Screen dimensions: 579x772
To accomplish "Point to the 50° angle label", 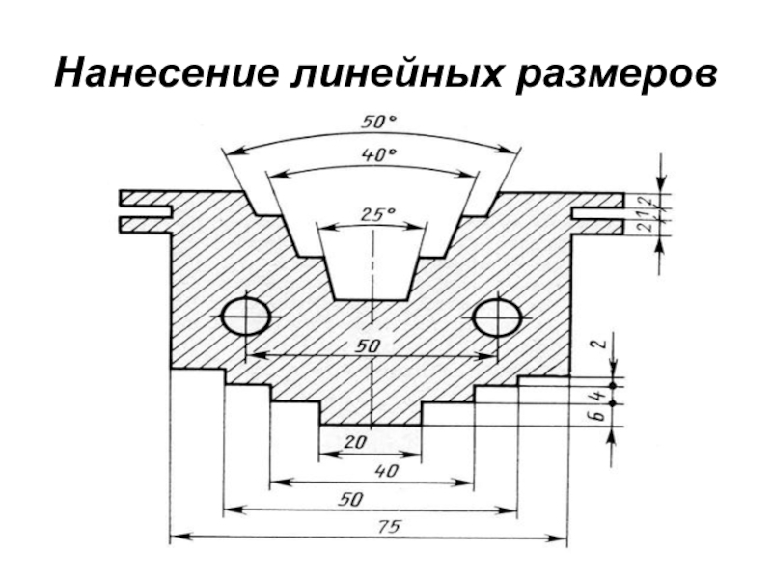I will tap(378, 124).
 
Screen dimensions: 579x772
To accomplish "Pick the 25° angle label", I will tap(372, 217).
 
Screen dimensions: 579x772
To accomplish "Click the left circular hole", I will tap(245, 317).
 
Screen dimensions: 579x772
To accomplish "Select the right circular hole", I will tap(498, 317).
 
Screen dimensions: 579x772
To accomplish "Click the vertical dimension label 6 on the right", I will tap(598, 415).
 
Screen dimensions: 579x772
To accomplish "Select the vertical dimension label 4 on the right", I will tap(598, 396).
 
